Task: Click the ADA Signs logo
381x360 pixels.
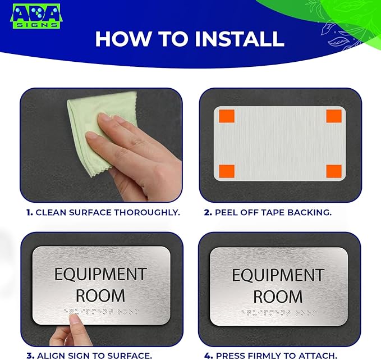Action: click(36, 16)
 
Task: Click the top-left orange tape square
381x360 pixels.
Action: click(227, 116)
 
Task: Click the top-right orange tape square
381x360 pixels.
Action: click(334, 116)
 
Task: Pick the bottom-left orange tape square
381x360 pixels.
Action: click(227, 171)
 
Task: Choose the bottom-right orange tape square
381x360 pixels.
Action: click(334, 171)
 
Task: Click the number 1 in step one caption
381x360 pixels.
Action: click(29, 212)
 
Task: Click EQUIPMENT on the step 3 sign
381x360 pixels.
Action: click(100, 275)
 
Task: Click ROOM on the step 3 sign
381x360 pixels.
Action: click(100, 295)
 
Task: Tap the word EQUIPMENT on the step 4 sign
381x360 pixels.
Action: click(278, 275)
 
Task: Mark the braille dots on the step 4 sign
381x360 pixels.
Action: click(278, 312)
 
